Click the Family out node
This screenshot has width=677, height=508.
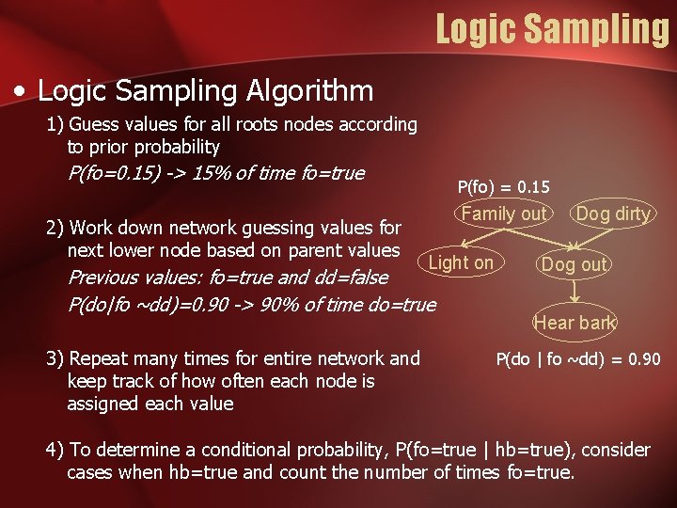503,214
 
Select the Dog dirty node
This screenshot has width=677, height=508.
613,214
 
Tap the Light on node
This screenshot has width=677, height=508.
460,262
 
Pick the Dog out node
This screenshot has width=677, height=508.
574,264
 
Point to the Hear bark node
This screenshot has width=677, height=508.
574,323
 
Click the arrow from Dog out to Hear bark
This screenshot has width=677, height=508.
574,294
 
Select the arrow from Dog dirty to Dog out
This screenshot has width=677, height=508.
594,239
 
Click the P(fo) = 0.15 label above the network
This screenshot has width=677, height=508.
503,187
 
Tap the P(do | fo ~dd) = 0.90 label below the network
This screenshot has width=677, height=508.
577,359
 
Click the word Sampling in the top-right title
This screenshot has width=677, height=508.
595,28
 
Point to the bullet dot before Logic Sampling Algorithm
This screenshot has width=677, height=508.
20,92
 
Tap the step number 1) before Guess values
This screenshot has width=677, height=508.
55,124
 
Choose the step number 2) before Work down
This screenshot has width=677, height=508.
55,228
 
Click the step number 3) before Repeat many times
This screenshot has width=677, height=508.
55,358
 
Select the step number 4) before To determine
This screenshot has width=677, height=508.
55,450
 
